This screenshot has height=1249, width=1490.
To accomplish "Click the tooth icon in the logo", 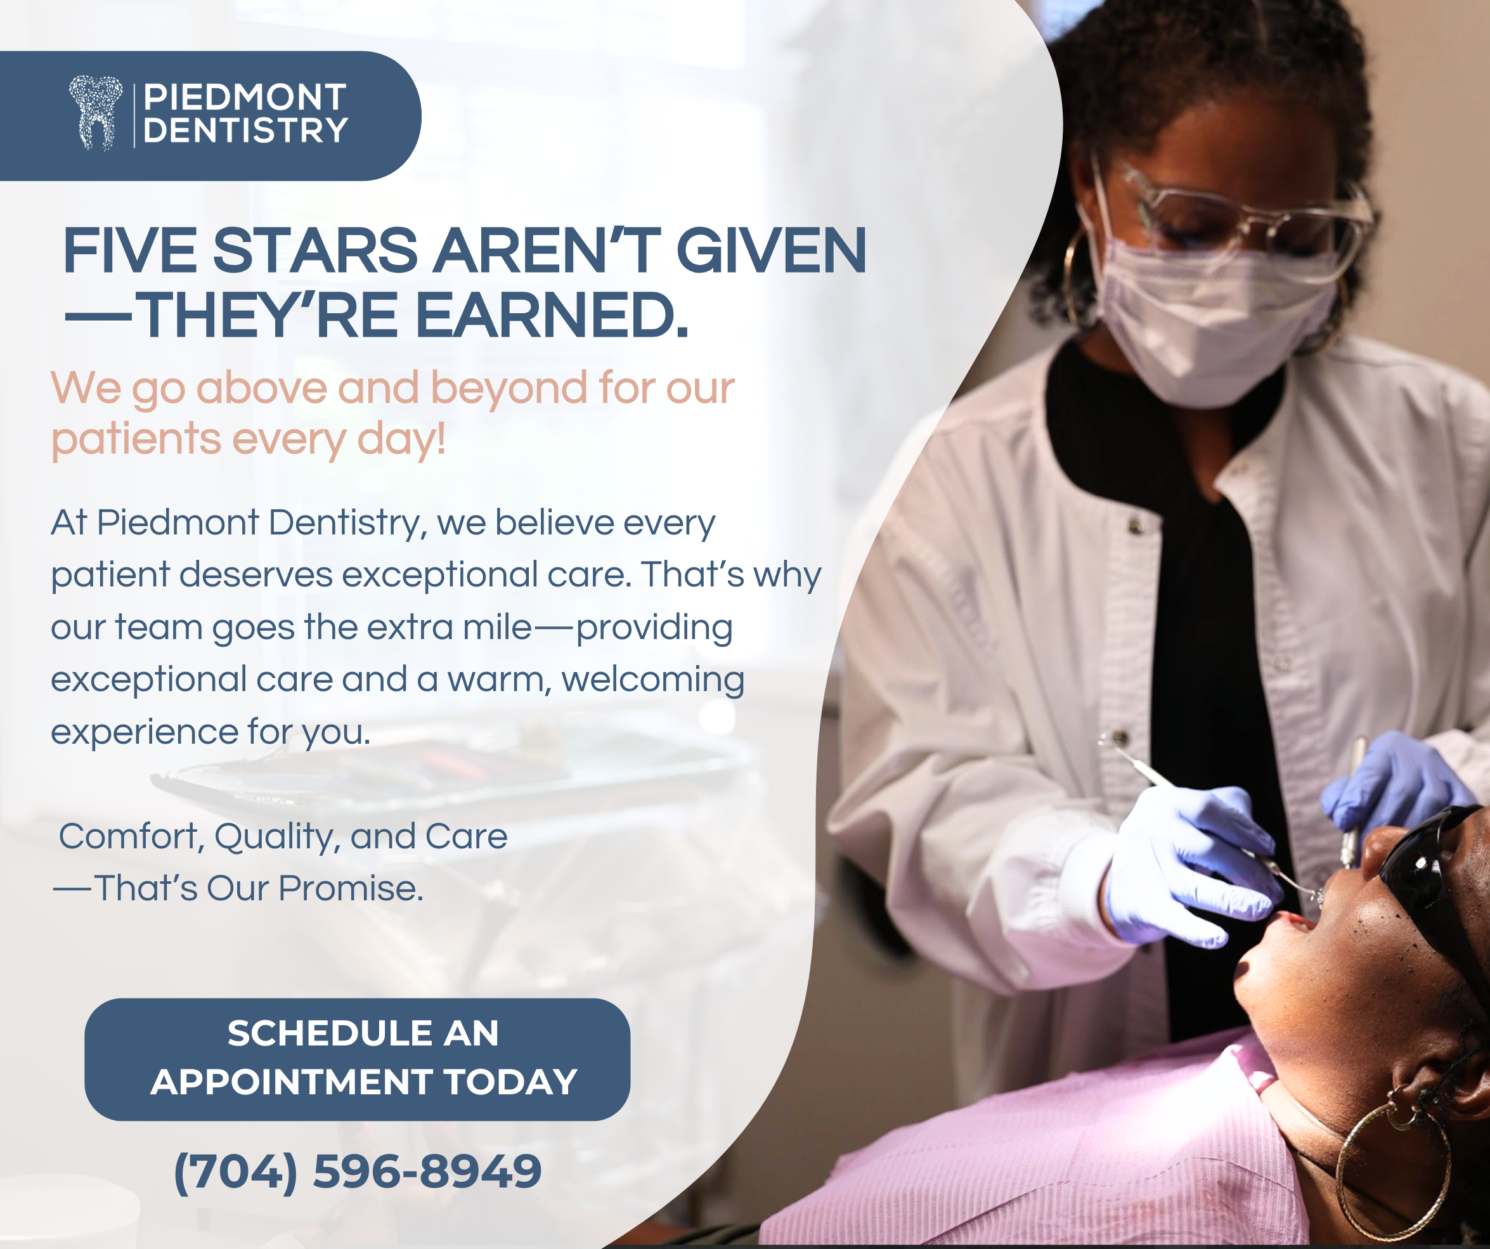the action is (x=96, y=113).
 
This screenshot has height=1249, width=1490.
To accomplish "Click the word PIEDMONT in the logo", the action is (x=245, y=97).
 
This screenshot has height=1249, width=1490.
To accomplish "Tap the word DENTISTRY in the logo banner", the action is (x=245, y=131).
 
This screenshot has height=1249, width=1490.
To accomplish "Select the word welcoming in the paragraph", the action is (x=653, y=680).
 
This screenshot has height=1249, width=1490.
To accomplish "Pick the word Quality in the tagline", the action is (x=274, y=837).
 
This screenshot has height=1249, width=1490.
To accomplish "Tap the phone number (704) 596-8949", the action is (x=358, y=1172).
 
